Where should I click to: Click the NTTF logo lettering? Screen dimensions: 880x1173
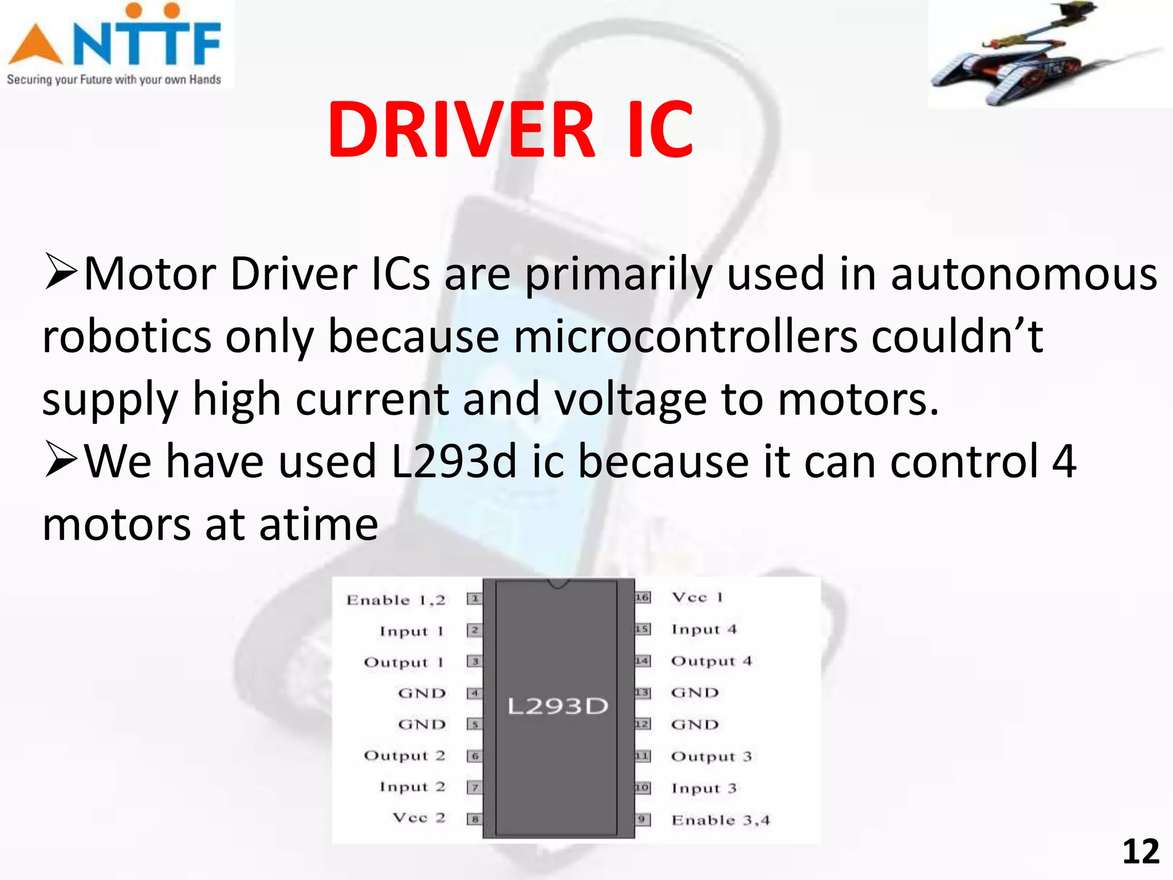(146, 43)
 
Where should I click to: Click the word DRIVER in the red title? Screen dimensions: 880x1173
(461, 131)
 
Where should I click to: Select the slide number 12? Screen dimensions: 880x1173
(1140, 852)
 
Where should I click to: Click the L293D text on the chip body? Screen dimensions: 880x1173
(557, 706)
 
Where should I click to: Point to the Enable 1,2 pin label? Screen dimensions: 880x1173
(396, 600)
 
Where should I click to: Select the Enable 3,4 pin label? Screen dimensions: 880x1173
(721, 820)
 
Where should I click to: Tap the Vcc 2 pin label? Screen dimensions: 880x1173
(419, 818)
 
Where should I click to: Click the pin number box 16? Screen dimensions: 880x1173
(643, 598)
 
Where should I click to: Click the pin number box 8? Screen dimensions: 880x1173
(474, 819)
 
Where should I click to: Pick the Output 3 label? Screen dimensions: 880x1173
(711, 756)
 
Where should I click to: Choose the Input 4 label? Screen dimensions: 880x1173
(704, 629)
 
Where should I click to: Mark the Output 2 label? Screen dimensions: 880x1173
(404, 756)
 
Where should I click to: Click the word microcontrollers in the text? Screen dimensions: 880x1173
(684, 337)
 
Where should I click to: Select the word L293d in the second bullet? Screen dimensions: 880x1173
(454, 462)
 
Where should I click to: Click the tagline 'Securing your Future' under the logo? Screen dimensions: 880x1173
(113, 80)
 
